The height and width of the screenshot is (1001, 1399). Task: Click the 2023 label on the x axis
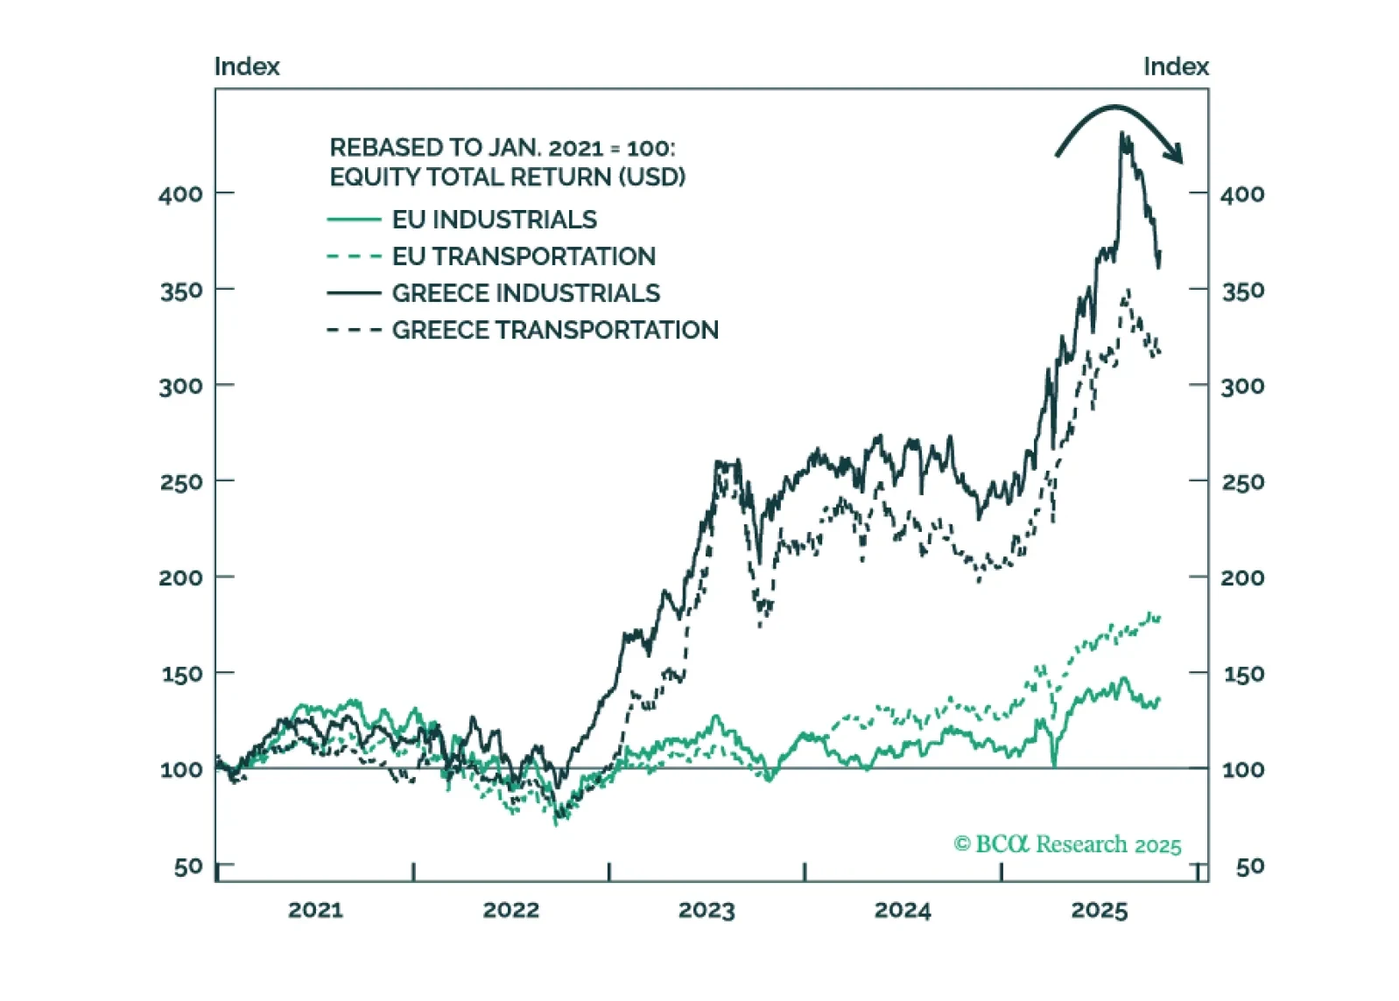707,910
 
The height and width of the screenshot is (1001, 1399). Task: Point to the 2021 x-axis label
315,910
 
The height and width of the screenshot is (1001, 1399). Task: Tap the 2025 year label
1099,910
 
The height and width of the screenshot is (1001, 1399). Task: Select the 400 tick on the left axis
180,193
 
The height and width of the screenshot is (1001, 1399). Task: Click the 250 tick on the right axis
1242,481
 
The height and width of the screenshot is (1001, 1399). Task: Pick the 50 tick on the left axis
188,866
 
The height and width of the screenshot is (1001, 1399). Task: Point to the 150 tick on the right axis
1242,674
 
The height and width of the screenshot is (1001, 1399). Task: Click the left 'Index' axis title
247,66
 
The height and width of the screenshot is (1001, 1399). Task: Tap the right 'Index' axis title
1175,66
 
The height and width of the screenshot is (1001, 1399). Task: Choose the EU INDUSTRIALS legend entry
494,220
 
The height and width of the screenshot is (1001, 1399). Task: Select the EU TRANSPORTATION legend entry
524,256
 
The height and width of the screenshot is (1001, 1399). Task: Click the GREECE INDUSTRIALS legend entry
525,293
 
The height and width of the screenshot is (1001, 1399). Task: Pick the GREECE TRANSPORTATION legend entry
555,330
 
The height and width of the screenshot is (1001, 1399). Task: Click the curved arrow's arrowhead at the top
1176,154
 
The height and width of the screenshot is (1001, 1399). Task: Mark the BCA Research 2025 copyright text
1067,844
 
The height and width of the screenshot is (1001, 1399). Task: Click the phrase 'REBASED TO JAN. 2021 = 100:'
502,147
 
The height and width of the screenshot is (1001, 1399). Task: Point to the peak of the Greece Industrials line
1122,134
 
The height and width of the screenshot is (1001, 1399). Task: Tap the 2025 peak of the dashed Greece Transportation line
1128,290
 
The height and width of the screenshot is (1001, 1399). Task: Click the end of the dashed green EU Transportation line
1158,618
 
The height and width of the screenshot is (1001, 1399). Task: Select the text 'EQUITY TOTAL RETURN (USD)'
507,177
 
